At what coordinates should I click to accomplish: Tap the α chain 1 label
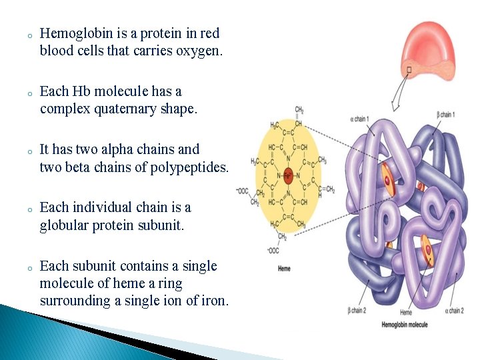359,119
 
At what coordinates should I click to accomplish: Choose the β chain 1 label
445,115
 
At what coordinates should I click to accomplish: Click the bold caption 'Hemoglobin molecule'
405,325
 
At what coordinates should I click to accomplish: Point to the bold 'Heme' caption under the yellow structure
284,269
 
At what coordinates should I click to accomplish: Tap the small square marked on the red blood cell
409,69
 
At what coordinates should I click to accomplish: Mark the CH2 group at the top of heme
299,109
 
